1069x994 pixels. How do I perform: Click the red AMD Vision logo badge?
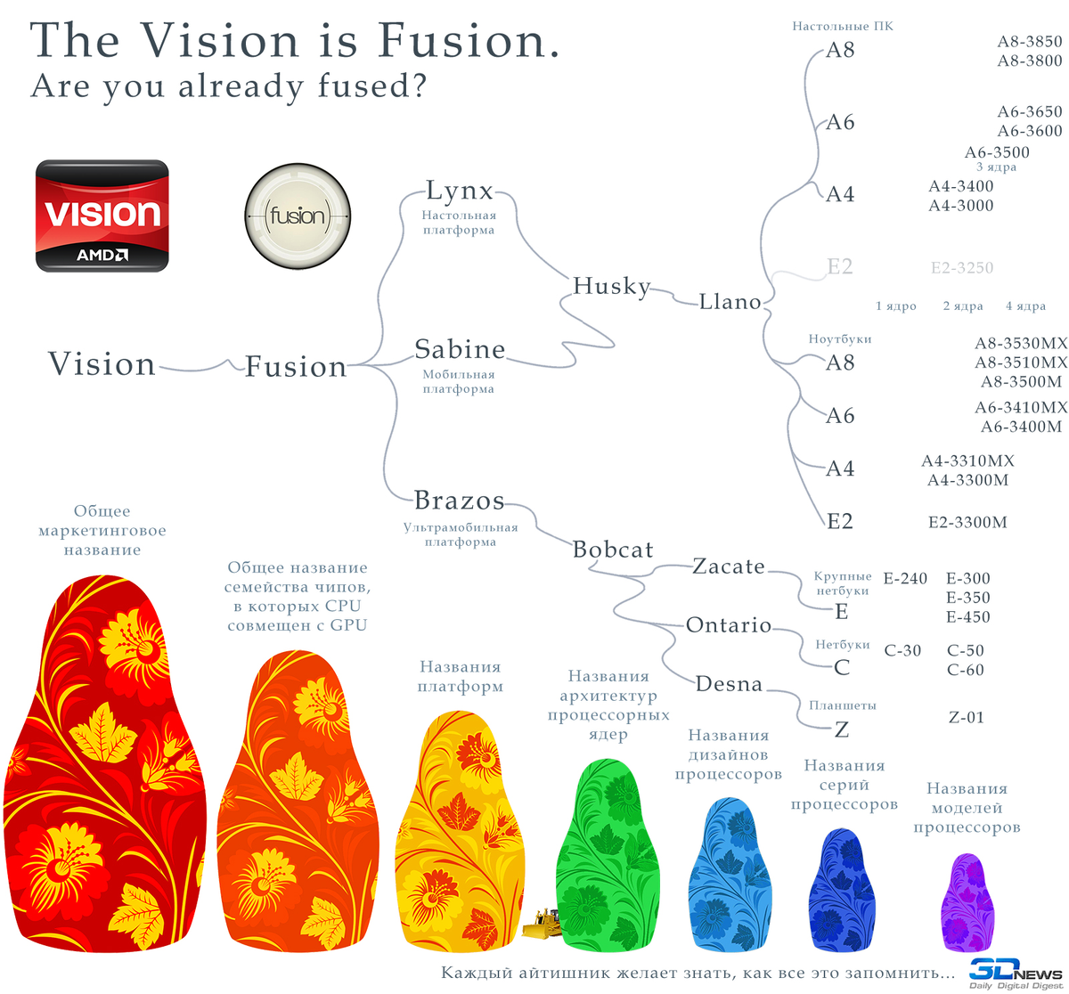pos(102,216)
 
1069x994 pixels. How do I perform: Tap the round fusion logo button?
pos(297,216)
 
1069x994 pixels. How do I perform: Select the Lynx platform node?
pos(459,191)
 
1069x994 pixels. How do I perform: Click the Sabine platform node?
pos(460,349)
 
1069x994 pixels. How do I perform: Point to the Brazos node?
pos(459,501)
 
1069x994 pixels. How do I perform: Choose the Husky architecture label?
pos(611,286)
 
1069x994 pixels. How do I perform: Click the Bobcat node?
pos(613,550)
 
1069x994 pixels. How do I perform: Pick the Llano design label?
pos(730,302)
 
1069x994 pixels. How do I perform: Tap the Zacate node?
pos(728,566)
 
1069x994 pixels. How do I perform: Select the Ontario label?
pos(728,625)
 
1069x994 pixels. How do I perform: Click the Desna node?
pos(729,684)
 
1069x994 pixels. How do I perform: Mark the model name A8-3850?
pos(1030,42)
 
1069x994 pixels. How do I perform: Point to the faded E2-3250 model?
pos(961,268)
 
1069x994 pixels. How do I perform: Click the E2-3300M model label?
pos(967,523)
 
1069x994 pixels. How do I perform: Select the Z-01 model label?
pos(966,717)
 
